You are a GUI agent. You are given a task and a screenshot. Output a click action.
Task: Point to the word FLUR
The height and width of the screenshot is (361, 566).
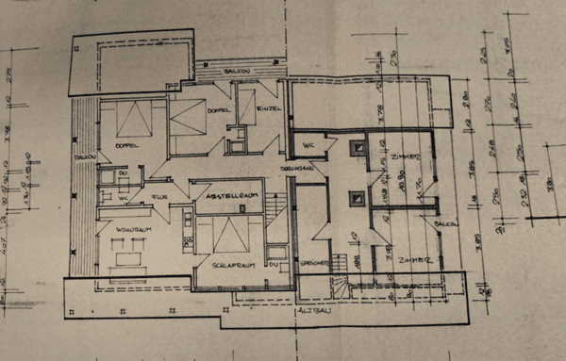click(159, 197)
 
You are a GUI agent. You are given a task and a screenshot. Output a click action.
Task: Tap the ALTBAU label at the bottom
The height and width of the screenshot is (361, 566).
click(313, 309)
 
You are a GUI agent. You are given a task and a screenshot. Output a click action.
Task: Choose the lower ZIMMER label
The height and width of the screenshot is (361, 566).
click(413, 259)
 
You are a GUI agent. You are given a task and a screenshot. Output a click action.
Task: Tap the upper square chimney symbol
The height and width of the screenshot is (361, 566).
click(358, 148)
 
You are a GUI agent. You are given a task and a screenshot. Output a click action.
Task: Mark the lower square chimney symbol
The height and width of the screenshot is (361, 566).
click(358, 199)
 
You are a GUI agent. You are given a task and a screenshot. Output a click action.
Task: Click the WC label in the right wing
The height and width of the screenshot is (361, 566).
click(308, 145)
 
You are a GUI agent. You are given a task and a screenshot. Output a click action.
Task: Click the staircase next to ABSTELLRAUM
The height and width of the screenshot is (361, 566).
click(275, 203)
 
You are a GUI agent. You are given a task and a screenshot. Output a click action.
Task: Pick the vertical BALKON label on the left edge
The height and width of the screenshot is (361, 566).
click(81, 151)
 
